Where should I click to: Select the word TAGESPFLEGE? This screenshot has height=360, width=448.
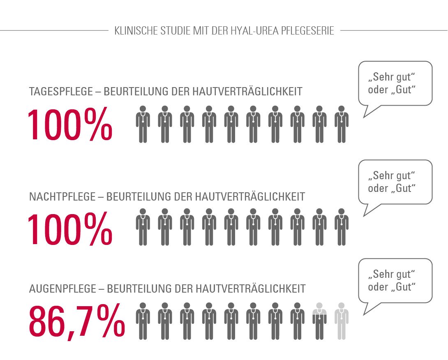[61, 91]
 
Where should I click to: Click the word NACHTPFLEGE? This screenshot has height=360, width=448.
[62, 196]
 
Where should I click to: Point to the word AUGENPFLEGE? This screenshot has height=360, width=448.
[62, 288]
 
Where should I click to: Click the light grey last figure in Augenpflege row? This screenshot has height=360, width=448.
[342, 321]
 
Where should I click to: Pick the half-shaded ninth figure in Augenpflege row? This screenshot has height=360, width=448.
[319, 321]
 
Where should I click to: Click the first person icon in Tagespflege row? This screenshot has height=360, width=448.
[143, 124]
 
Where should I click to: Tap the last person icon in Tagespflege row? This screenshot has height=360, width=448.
[342, 124]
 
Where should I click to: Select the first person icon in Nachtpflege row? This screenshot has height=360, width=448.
[143, 227]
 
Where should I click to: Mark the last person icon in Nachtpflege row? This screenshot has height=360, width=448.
[342, 227]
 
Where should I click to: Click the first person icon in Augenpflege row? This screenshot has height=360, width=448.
[143, 321]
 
